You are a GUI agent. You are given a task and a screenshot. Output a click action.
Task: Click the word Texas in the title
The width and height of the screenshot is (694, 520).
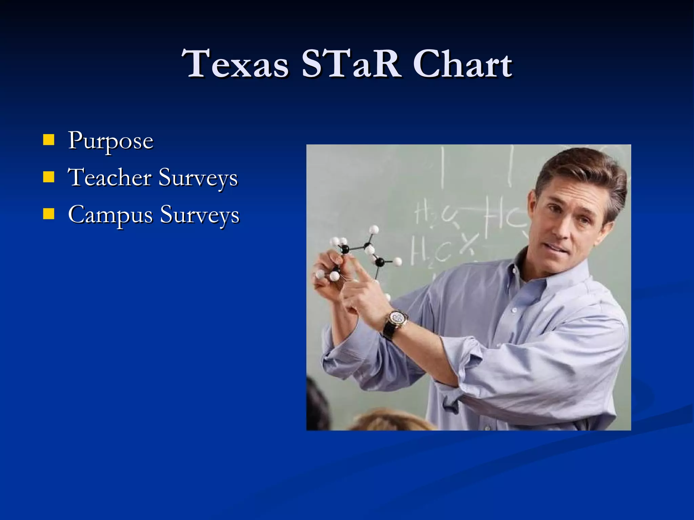235,64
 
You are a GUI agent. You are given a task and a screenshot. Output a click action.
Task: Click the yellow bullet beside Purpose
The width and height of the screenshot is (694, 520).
49,139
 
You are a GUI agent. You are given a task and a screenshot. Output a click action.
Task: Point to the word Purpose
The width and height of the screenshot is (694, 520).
110,141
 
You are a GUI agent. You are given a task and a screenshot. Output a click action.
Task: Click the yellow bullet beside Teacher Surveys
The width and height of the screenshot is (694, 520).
49,177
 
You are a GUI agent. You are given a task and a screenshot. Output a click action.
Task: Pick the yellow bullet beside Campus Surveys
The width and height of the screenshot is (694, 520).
49,214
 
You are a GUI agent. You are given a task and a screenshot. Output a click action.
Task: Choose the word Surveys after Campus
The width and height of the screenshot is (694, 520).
200,215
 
